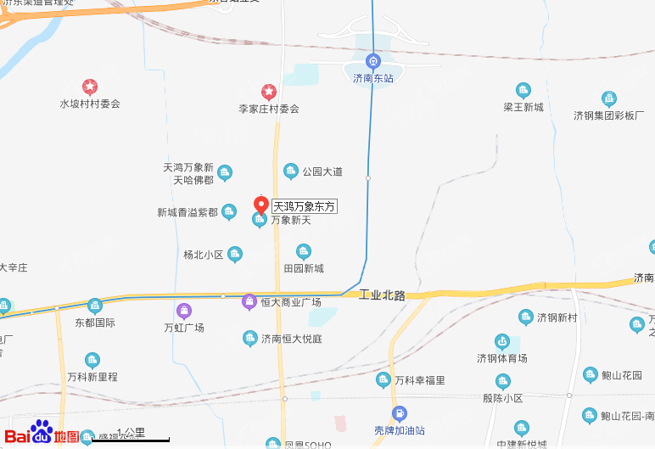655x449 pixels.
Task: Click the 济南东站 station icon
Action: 372,61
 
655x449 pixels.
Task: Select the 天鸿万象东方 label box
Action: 305,206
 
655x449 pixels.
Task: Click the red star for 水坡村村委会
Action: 89,87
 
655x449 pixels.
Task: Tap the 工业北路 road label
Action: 382,295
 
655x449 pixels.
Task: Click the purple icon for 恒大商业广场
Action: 249,301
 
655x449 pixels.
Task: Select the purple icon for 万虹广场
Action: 183,311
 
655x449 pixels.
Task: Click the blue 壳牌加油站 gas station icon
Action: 399,413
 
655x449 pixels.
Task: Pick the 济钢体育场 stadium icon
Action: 502,342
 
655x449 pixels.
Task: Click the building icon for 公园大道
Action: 290,171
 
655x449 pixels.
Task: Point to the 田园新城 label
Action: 304,268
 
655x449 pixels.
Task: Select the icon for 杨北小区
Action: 235,254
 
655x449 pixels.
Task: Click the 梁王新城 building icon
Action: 523,91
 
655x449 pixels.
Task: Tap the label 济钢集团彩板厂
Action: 608,115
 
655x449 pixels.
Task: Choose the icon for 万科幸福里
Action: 383,380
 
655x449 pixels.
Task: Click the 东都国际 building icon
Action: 94,306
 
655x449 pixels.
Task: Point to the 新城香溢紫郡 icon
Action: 229,212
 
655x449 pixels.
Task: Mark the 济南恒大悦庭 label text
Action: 291,338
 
